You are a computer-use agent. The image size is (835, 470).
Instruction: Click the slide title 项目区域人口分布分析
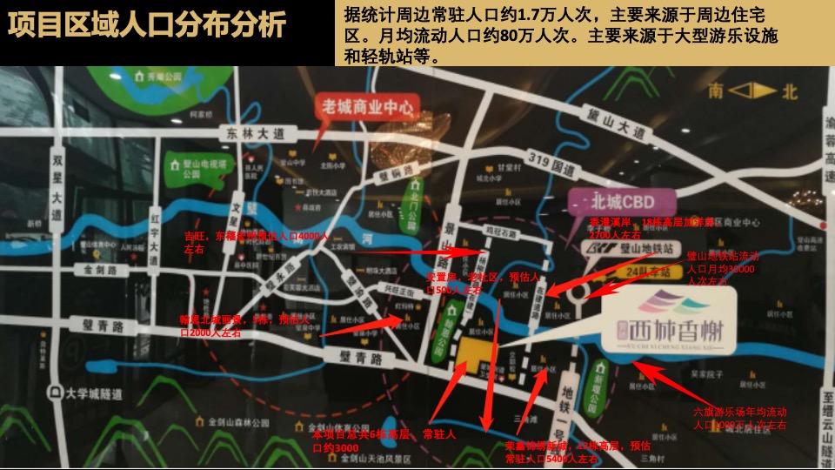(x=146, y=24)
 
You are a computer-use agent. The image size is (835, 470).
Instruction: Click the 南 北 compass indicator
(x=752, y=91)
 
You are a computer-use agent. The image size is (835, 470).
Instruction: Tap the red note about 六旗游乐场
(x=739, y=417)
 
